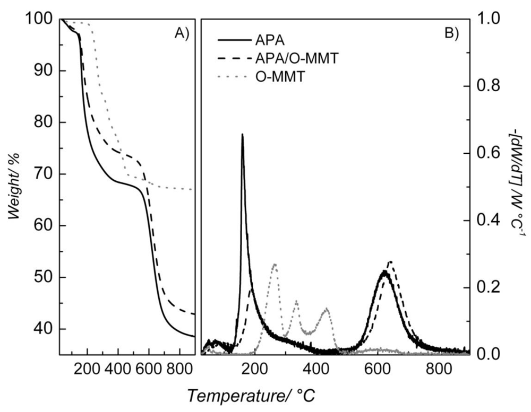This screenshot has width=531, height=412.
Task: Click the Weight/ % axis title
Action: coord(14,186)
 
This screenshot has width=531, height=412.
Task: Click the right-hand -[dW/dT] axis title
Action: coord(519,186)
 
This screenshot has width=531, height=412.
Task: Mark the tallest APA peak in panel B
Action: coord(243,135)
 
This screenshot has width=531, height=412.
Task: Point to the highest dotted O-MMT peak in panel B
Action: coord(275,264)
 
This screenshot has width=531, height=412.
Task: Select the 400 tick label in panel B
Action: coord(316,369)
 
